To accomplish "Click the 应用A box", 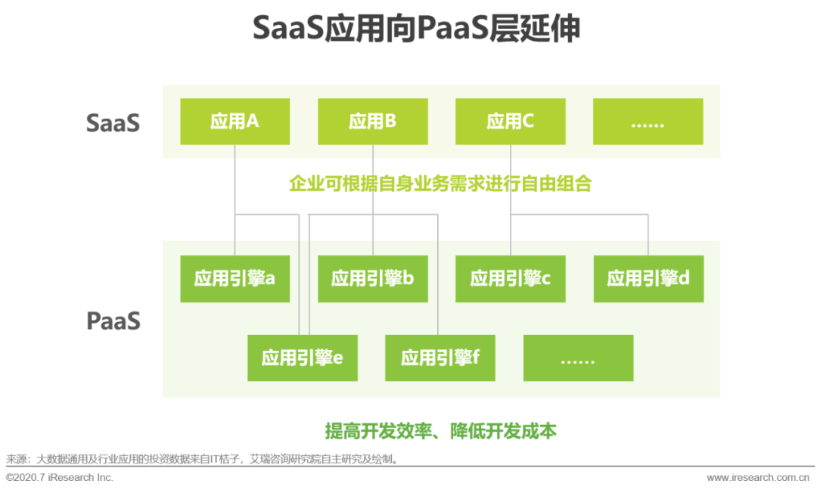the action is pos(235,121).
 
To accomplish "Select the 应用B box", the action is pos(372,121).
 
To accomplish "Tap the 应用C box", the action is pos(510,121).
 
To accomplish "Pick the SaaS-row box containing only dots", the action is pos(648,121).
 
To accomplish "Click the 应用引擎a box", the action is pos(235,278).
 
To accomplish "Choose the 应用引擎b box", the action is pos(372,278).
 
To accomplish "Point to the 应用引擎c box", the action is pos(510,278).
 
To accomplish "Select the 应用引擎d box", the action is pos(648,278).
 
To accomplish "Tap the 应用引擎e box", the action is pos(303,358).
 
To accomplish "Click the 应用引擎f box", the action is pos(440,358).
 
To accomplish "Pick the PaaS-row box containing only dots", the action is pos(578,358).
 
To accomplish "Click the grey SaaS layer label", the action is pos(113,122).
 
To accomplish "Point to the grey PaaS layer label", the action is pos(113,321).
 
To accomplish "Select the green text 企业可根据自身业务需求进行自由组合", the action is pos(440,183).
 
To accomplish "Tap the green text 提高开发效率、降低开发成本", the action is pos(440,431).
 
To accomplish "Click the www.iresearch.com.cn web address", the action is pos(762,478).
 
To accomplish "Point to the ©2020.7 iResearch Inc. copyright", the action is pos(60,478).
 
